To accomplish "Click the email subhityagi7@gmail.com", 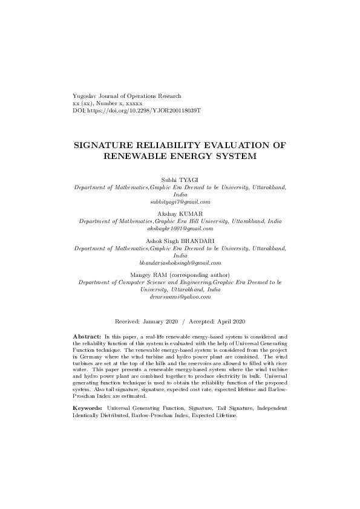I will click(180, 202).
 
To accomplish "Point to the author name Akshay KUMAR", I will click(180, 214).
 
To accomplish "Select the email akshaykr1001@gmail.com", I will click(180, 229).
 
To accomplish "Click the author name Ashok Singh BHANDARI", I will click(180, 241).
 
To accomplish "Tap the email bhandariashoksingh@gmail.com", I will click(180, 262).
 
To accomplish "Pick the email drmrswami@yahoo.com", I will click(180, 297).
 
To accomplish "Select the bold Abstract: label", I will click(87, 336).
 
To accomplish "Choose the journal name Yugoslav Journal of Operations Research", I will click(126, 97).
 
